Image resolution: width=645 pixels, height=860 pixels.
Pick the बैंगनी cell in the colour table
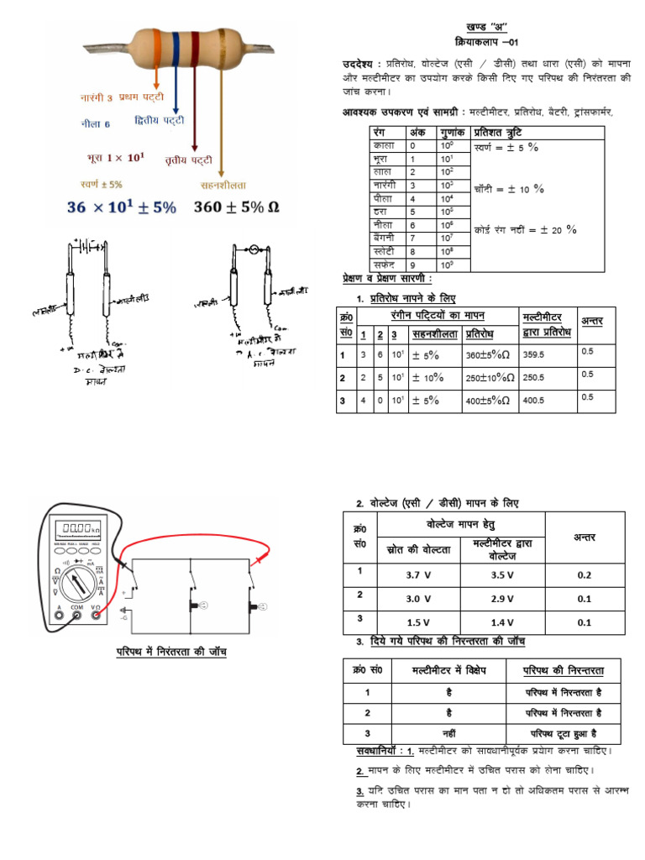[385, 239]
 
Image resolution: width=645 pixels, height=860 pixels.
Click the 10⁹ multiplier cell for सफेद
[447, 264]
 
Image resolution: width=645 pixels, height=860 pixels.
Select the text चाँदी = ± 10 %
[509, 189]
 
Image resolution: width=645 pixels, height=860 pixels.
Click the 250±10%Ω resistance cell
[489, 378]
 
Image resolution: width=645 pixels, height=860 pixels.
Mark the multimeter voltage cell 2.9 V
[502, 599]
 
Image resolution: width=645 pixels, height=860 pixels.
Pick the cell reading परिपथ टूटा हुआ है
[560, 733]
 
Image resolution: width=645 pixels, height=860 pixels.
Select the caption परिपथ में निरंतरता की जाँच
[171, 652]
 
